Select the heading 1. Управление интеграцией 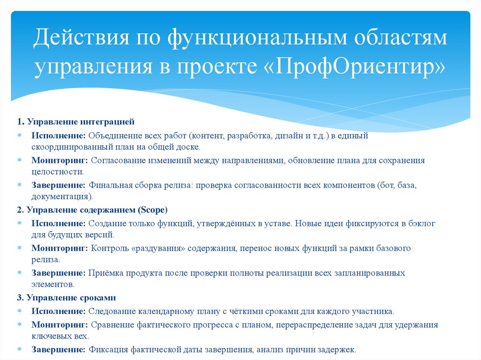pos(76,122)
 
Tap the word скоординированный pos(65,146)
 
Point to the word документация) pos(62,196)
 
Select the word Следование pos(111,311)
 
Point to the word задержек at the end pos(338,350)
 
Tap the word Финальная pos(109,185)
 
